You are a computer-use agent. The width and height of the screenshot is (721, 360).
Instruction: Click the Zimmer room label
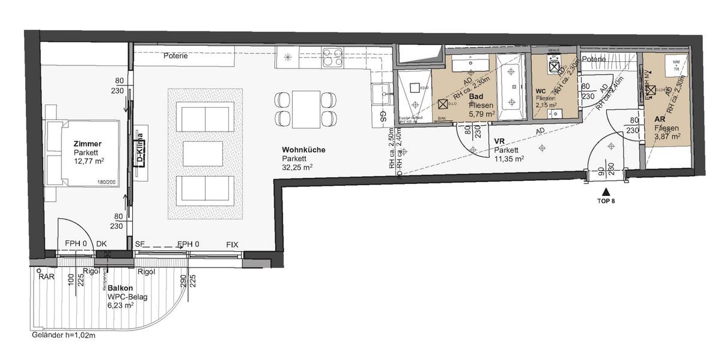click(x=88, y=144)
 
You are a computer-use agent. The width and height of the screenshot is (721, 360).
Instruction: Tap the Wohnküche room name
click(x=303, y=149)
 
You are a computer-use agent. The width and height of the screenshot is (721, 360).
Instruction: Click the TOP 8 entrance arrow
click(x=604, y=191)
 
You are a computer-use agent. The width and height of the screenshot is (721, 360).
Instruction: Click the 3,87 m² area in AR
click(x=667, y=137)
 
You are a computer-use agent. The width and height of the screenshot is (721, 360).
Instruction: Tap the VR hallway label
click(x=498, y=142)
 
